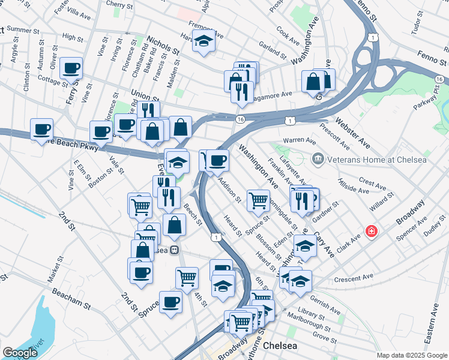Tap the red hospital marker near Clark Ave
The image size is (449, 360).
[x=372, y=231]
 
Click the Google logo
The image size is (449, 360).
[x=20, y=352]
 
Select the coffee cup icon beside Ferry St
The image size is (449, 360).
[x=71, y=68]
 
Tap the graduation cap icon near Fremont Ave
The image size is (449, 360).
[x=205, y=41]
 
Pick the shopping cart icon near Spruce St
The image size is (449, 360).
[x=258, y=200]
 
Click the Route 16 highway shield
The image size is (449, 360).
[x=240, y=119]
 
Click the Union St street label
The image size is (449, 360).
[x=145, y=96]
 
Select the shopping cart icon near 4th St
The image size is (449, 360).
[x=187, y=277]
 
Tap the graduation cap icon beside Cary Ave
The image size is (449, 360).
[x=305, y=246]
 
